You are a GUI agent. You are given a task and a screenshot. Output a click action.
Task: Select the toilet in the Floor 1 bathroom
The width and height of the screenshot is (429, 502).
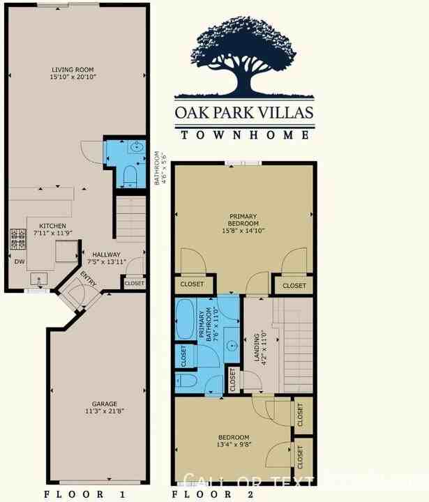[x=128, y=175]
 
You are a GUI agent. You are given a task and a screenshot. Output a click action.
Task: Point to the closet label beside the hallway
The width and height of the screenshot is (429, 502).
[x=134, y=284]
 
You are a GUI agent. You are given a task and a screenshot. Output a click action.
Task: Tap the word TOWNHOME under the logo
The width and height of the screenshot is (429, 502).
[x=243, y=135]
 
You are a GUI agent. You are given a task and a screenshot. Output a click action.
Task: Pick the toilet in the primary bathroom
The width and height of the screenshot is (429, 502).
[x=184, y=381]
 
